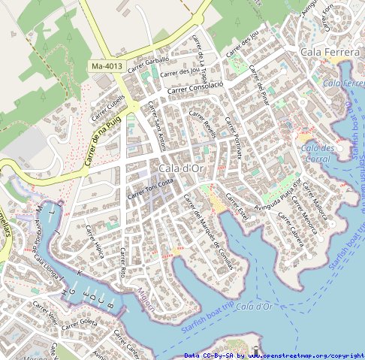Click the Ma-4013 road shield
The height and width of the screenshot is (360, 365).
[107, 67]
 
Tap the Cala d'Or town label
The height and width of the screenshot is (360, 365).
[178, 168]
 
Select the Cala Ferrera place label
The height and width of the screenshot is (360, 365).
[330, 52]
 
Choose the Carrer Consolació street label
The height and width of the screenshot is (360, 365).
[196, 87]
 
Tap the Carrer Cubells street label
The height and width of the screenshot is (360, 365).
[108, 107]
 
